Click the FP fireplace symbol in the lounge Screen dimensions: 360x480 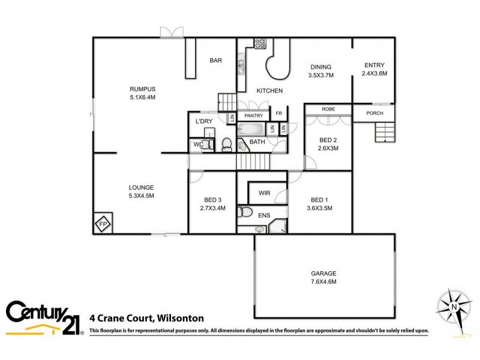pyautogui.click(x=103, y=224)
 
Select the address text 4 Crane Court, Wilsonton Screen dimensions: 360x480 pyautogui.click(x=146, y=319)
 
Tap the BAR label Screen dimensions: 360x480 pyautogui.click(x=216, y=61)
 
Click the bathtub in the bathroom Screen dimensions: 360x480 pyautogui.click(x=250, y=128)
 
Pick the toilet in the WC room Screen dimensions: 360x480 pyautogui.click(x=205, y=144)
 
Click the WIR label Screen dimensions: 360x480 pyautogui.click(x=264, y=193)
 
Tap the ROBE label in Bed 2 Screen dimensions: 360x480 pyautogui.click(x=328, y=109)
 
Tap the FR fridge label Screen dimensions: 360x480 pyautogui.click(x=278, y=113)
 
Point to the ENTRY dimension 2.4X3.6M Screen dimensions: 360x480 pyautogui.click(x=374, y=73)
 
